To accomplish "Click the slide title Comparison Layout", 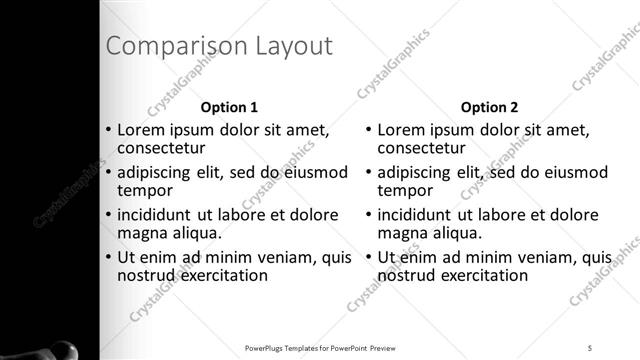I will pyautogui.click(x=219, y=46).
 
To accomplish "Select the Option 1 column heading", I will pyautogui.click(x=230, y=107).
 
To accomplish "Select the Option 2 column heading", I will pyautogui.click(x=489, y=107).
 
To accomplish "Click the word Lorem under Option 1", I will pyautogui.click(x=141, y=130).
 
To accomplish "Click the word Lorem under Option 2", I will pyautogui.click(x=401, y=130).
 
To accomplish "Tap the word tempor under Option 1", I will pyautogui.click(x=146, y=190).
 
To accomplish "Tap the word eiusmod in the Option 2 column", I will pyautogui.click(x=571, y=172).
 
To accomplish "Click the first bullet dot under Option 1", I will pyautogui.click(x=109, y=130).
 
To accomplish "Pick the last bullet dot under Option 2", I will pyautogui.click(x=368, y=256).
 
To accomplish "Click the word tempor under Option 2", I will pyautogui.click(x=405, y=190).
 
